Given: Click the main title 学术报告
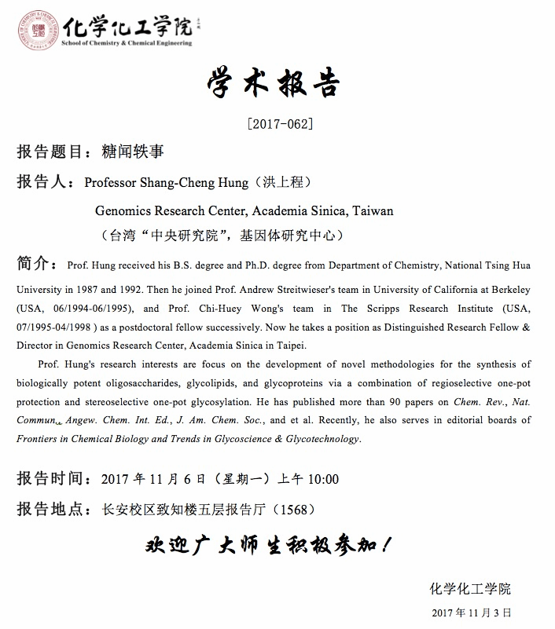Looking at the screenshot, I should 277,82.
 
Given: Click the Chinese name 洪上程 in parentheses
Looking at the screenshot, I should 282,182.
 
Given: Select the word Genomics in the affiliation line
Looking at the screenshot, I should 124,210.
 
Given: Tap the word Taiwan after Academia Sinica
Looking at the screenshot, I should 373,210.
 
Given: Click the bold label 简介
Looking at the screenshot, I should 33,261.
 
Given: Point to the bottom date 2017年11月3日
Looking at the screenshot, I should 472,612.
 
